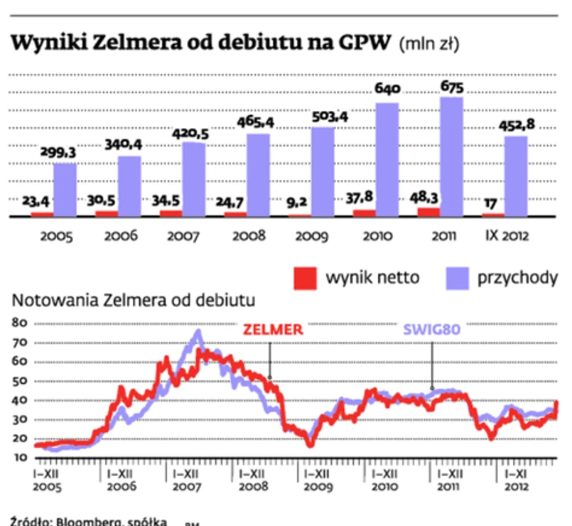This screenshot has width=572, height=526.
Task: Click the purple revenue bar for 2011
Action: coord(452,156)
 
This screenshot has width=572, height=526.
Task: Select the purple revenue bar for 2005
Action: coord(65,189)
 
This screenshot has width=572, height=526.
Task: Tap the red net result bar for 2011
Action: coord(428,211)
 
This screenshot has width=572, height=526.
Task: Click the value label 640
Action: coord(388,90)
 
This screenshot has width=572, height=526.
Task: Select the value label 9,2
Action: coord(297,201)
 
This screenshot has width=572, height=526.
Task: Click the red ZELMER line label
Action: coord(273,329)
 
